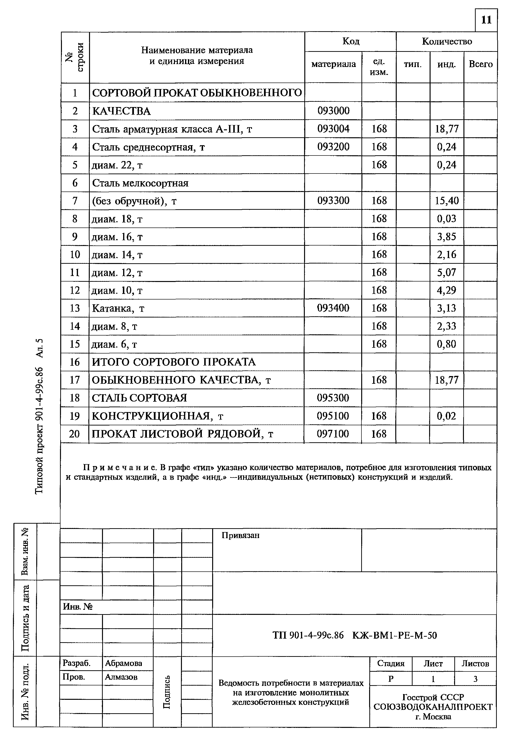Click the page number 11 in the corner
(x=486, y=20)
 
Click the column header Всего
(x=480, y=64)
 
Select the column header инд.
(x=446, y=65)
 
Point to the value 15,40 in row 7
(x=446, y=201)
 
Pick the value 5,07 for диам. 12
(x=446, y=272)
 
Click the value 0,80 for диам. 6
(x=446, y=344)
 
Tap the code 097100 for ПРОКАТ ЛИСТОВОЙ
(x=333, y=433)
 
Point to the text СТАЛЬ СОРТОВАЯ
(x=139, y=398)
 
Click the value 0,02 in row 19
(x=446, y=416)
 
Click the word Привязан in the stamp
(x=240, y=535)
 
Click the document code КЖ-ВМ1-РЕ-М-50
(x=394, y=635)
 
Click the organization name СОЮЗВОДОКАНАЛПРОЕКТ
(x=433, y=707)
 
